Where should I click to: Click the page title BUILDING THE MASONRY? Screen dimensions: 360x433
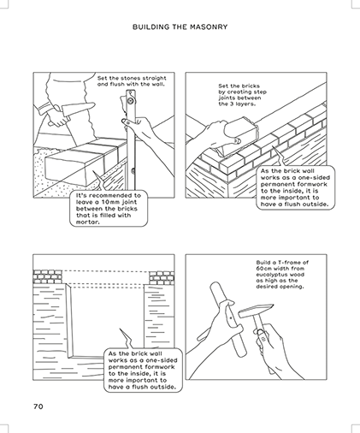tap(180, 27)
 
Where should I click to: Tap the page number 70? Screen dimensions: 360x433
tap(38, 406)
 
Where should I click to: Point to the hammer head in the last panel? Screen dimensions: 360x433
tap(256, 310)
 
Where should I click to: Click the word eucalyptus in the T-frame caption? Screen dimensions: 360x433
tap(268, 275)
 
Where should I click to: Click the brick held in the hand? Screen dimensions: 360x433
tap(241, 133)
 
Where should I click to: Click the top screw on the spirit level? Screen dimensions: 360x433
tap(131, 100)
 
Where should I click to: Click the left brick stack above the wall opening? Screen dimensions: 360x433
tap(48, 276)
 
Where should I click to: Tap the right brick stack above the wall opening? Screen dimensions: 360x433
tap(162, 277)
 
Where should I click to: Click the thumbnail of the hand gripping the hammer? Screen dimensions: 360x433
tap(259, 332)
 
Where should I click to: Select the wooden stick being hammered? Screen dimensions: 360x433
tap(228, 319)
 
